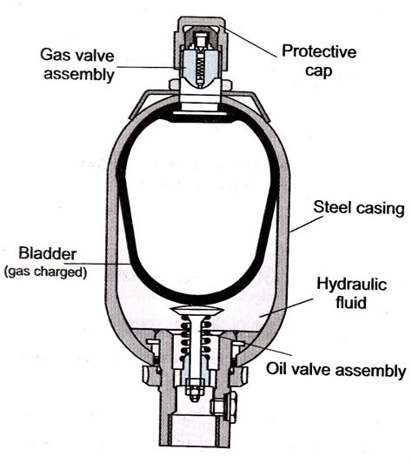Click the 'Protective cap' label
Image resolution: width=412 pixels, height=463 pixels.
click(x=319, y=61)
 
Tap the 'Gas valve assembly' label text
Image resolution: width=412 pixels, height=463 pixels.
click(x=77, y=64)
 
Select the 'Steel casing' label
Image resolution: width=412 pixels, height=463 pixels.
click(x=359, y=208)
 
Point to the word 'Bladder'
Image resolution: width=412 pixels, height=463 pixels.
click(x=48, y=253)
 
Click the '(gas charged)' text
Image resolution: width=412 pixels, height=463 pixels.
click(x=46, y=272)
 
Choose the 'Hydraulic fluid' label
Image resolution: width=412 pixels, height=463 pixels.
click(x=351, y=293)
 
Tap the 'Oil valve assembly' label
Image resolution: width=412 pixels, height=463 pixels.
click(x=336, y=369)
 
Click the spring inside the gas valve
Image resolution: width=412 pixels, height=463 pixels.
click(x=200, y=69)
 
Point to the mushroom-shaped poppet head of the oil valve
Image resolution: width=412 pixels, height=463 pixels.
click(x=197, y=311)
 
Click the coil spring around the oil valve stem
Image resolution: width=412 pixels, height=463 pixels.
click(x=196, y=338)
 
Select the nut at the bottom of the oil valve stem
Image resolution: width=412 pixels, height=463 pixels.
click(x=195, y=390)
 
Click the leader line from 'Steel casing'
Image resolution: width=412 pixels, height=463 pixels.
click(x=307, y=225)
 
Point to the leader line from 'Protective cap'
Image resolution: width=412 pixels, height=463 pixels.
click(x=250, y=42)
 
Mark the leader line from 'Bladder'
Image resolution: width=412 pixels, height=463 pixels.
click(x=97, y=264)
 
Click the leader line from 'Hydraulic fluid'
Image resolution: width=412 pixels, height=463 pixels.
click(x=286, y=307)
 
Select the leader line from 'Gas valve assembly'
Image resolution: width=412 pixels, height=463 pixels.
click(x=146, y=67)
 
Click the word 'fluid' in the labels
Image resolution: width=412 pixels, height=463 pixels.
click(x=351, y=302)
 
